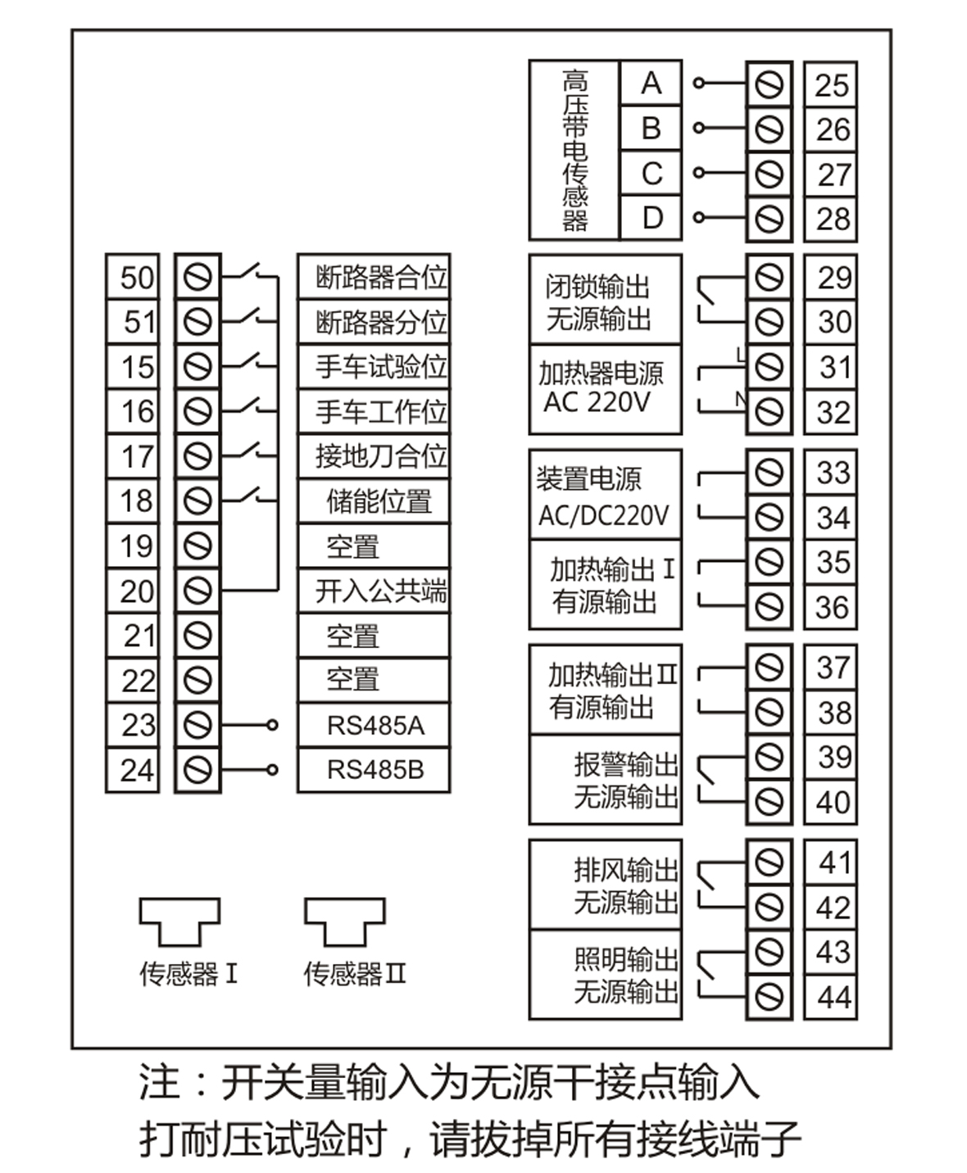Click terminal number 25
[830, 84]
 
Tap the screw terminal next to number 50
[197, 277]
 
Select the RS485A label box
[374, 725]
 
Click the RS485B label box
[374, 770]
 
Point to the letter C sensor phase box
[651, 174]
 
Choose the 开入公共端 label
[374, 591]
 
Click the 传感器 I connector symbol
[179, 922]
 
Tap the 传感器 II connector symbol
[344, 922]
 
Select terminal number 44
[830, 997]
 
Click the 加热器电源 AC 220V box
[605, 389]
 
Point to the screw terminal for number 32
[769, 411]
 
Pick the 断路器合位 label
[374, 277]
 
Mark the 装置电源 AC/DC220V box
[605, 495]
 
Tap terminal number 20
[133, 591]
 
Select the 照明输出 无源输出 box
[605, 975]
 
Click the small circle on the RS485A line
[273, 725]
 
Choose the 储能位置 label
[374, 501]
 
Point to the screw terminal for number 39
[769, 757]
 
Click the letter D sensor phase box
[651, 218]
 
